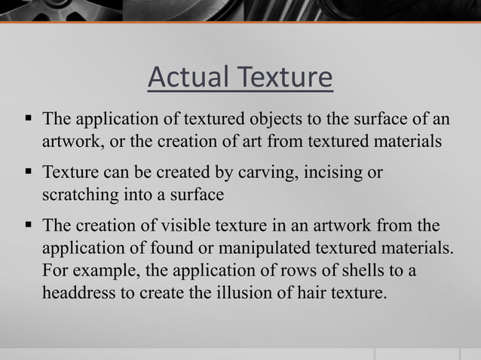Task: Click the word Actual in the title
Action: pyautogui.click(x=188, y=78)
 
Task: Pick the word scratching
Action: pyautogui.click(x=77, y=194)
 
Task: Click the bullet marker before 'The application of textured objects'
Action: pyautogui.click(x=28, y=119)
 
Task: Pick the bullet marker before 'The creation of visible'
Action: pyautogui.click(x=28, y=226)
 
